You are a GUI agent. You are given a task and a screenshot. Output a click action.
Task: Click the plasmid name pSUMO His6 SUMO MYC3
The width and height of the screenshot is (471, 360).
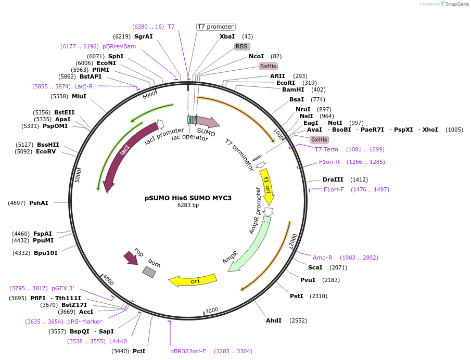(x=188, y=198)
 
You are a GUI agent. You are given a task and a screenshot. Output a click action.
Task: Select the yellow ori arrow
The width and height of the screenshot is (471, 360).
(x=193, y=281)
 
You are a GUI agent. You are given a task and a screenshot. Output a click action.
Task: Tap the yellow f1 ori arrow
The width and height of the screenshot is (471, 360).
(x=266, y=185)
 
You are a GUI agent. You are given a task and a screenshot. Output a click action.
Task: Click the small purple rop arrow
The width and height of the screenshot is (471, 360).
(x=131, y=257)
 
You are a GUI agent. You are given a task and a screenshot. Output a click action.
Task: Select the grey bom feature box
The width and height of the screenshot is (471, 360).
(x=149, y=272)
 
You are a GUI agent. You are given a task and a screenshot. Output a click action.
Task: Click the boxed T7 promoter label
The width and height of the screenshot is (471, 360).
(x=215, y=27)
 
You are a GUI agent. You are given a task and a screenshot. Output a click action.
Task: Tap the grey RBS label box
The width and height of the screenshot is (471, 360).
(x=241, y=46)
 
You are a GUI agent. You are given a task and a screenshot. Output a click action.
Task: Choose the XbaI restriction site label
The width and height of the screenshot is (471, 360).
(x=227, y=36)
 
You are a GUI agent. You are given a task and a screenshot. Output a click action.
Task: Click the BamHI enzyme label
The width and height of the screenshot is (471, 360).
(x=293, y=89)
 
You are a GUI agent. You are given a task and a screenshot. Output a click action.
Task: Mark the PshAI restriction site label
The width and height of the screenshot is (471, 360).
(x=39, y=203)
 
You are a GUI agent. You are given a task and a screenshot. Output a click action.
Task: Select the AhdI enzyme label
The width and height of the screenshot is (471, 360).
(x=273, y=320)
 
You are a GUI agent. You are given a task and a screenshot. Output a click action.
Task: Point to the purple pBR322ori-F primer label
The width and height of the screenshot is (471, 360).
(x=188, y=351)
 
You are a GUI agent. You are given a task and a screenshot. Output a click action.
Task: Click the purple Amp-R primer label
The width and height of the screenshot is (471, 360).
(x=322, y=258)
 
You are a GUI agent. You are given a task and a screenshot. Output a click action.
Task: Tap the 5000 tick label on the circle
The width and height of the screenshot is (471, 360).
(x=79, y=175)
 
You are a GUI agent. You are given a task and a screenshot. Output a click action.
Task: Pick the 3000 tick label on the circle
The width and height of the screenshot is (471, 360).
(x=211, y=311)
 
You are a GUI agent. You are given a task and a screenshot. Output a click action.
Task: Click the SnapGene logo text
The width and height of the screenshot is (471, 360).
(x=456, y=4)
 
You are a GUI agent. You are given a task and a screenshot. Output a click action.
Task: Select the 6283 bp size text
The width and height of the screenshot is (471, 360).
(x=188, y=205)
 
